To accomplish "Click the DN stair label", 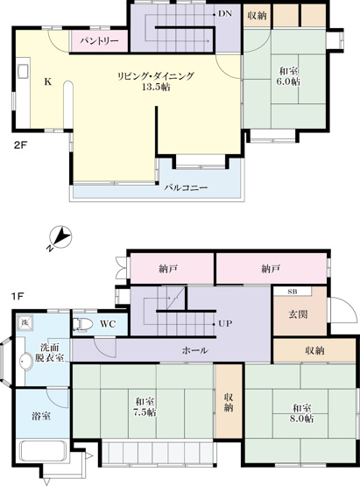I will [224, 14].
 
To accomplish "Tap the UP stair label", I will [224, 323].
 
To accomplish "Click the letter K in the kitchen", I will [47, 81].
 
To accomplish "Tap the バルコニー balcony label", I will [184, 187].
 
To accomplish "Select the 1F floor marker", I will [18, 296].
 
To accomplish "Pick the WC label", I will [108, 323].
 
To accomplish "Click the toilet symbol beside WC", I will [82, 324].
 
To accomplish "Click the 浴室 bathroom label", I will [40, 415].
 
